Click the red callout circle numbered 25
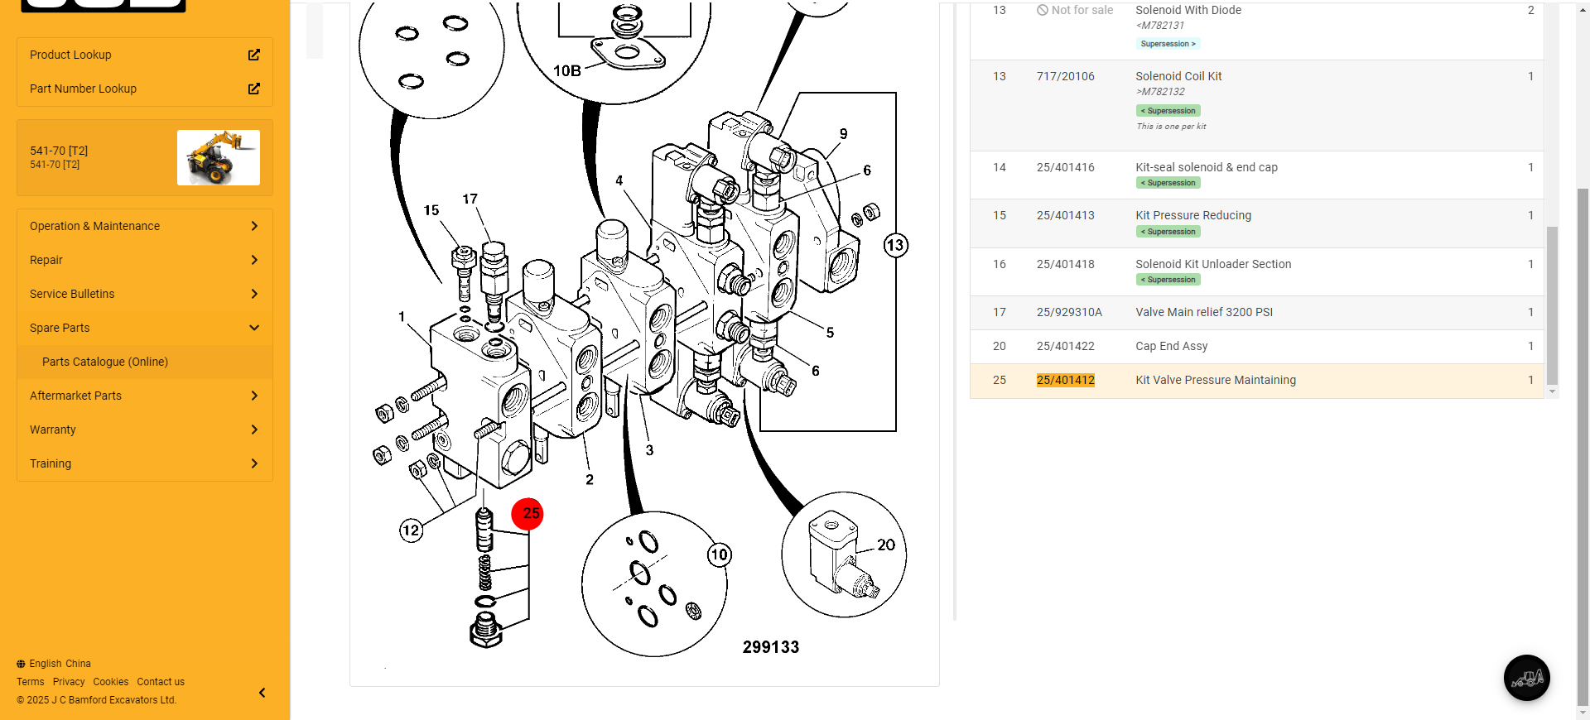[528, 514]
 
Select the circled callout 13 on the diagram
[895, 246]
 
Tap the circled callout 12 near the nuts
[411, 530]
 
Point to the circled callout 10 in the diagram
[719, 554]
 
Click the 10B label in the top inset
[567, 71]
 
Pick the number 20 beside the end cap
[886, 545]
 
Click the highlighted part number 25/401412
[1065, 380]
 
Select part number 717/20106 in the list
[1065, 76]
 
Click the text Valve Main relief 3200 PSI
[1203, 312]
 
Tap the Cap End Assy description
[1171, 346]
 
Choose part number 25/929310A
[1069, 312]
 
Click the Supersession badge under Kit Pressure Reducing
[1168, 232]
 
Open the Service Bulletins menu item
[72, 294]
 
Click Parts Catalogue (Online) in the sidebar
[105, 362]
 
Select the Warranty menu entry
[53, 430]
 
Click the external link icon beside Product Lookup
[254, 55]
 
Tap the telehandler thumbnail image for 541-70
[219, 157]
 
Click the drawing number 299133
[770, 647]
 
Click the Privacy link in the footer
[69, 682]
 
